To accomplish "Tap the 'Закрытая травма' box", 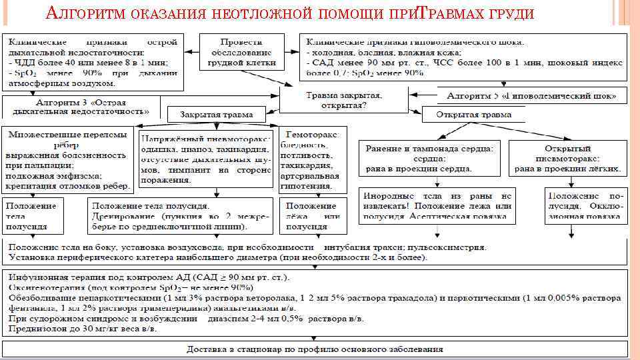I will [219, 114].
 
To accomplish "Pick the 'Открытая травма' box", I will [473, 114].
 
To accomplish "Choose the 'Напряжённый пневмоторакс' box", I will [205, 159].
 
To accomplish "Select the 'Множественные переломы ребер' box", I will [68, 159].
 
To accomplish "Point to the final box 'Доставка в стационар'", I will [314, 349].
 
